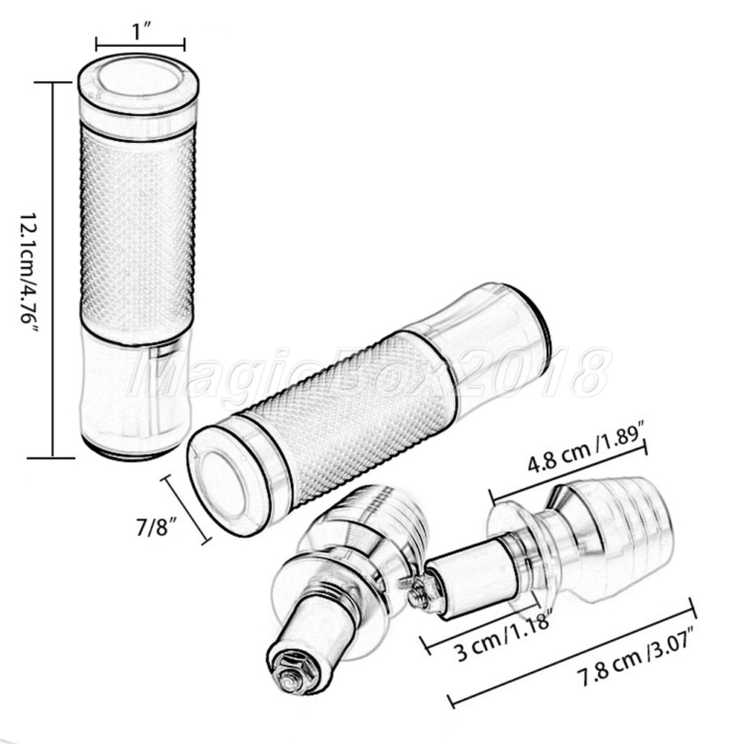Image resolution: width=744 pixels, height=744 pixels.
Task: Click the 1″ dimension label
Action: coord(141,32)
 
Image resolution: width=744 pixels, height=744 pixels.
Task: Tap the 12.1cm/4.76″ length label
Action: coord(28,268)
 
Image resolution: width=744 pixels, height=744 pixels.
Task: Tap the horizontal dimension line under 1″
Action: coord(141,45)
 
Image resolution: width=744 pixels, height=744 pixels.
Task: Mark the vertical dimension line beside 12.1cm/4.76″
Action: coord(52,270)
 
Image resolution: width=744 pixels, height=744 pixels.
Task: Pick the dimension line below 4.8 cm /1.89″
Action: coord(568,470)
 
